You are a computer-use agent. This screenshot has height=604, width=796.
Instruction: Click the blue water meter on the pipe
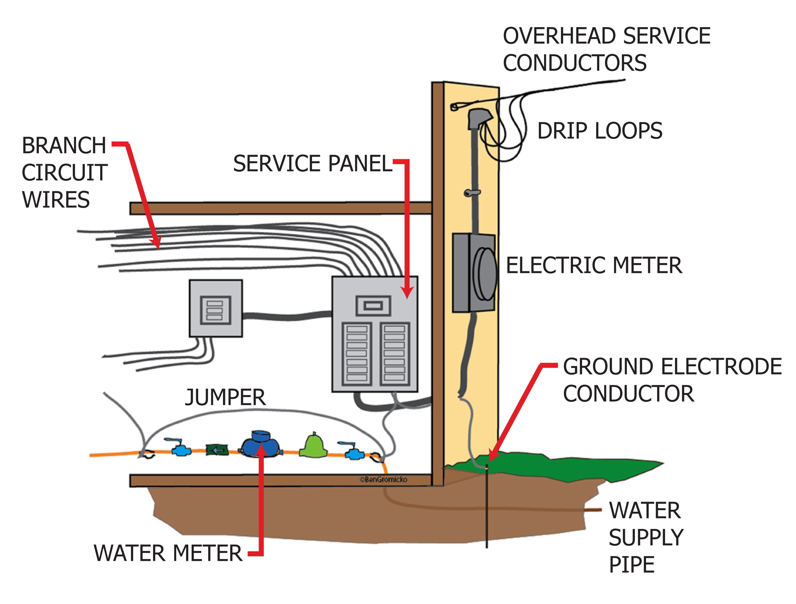[260, 445]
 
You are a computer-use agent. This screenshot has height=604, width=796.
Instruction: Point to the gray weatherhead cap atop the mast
[479, 117]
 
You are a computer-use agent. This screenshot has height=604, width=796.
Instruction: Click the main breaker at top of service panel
[373, 306]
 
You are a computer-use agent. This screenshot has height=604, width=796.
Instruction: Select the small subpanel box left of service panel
[215, 308]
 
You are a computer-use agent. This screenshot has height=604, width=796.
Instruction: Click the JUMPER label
[225, 398]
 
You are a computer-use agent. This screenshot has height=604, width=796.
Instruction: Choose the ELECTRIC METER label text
[594, 265]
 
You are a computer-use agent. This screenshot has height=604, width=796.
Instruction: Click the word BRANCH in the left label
[64, 146]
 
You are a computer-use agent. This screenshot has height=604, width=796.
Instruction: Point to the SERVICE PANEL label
[312, 164]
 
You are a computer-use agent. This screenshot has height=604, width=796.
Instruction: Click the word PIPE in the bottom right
[632, 565]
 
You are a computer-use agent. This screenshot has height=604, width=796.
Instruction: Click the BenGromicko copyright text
[384, 479]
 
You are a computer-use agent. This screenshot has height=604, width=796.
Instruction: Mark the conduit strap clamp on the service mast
[472, 193]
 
